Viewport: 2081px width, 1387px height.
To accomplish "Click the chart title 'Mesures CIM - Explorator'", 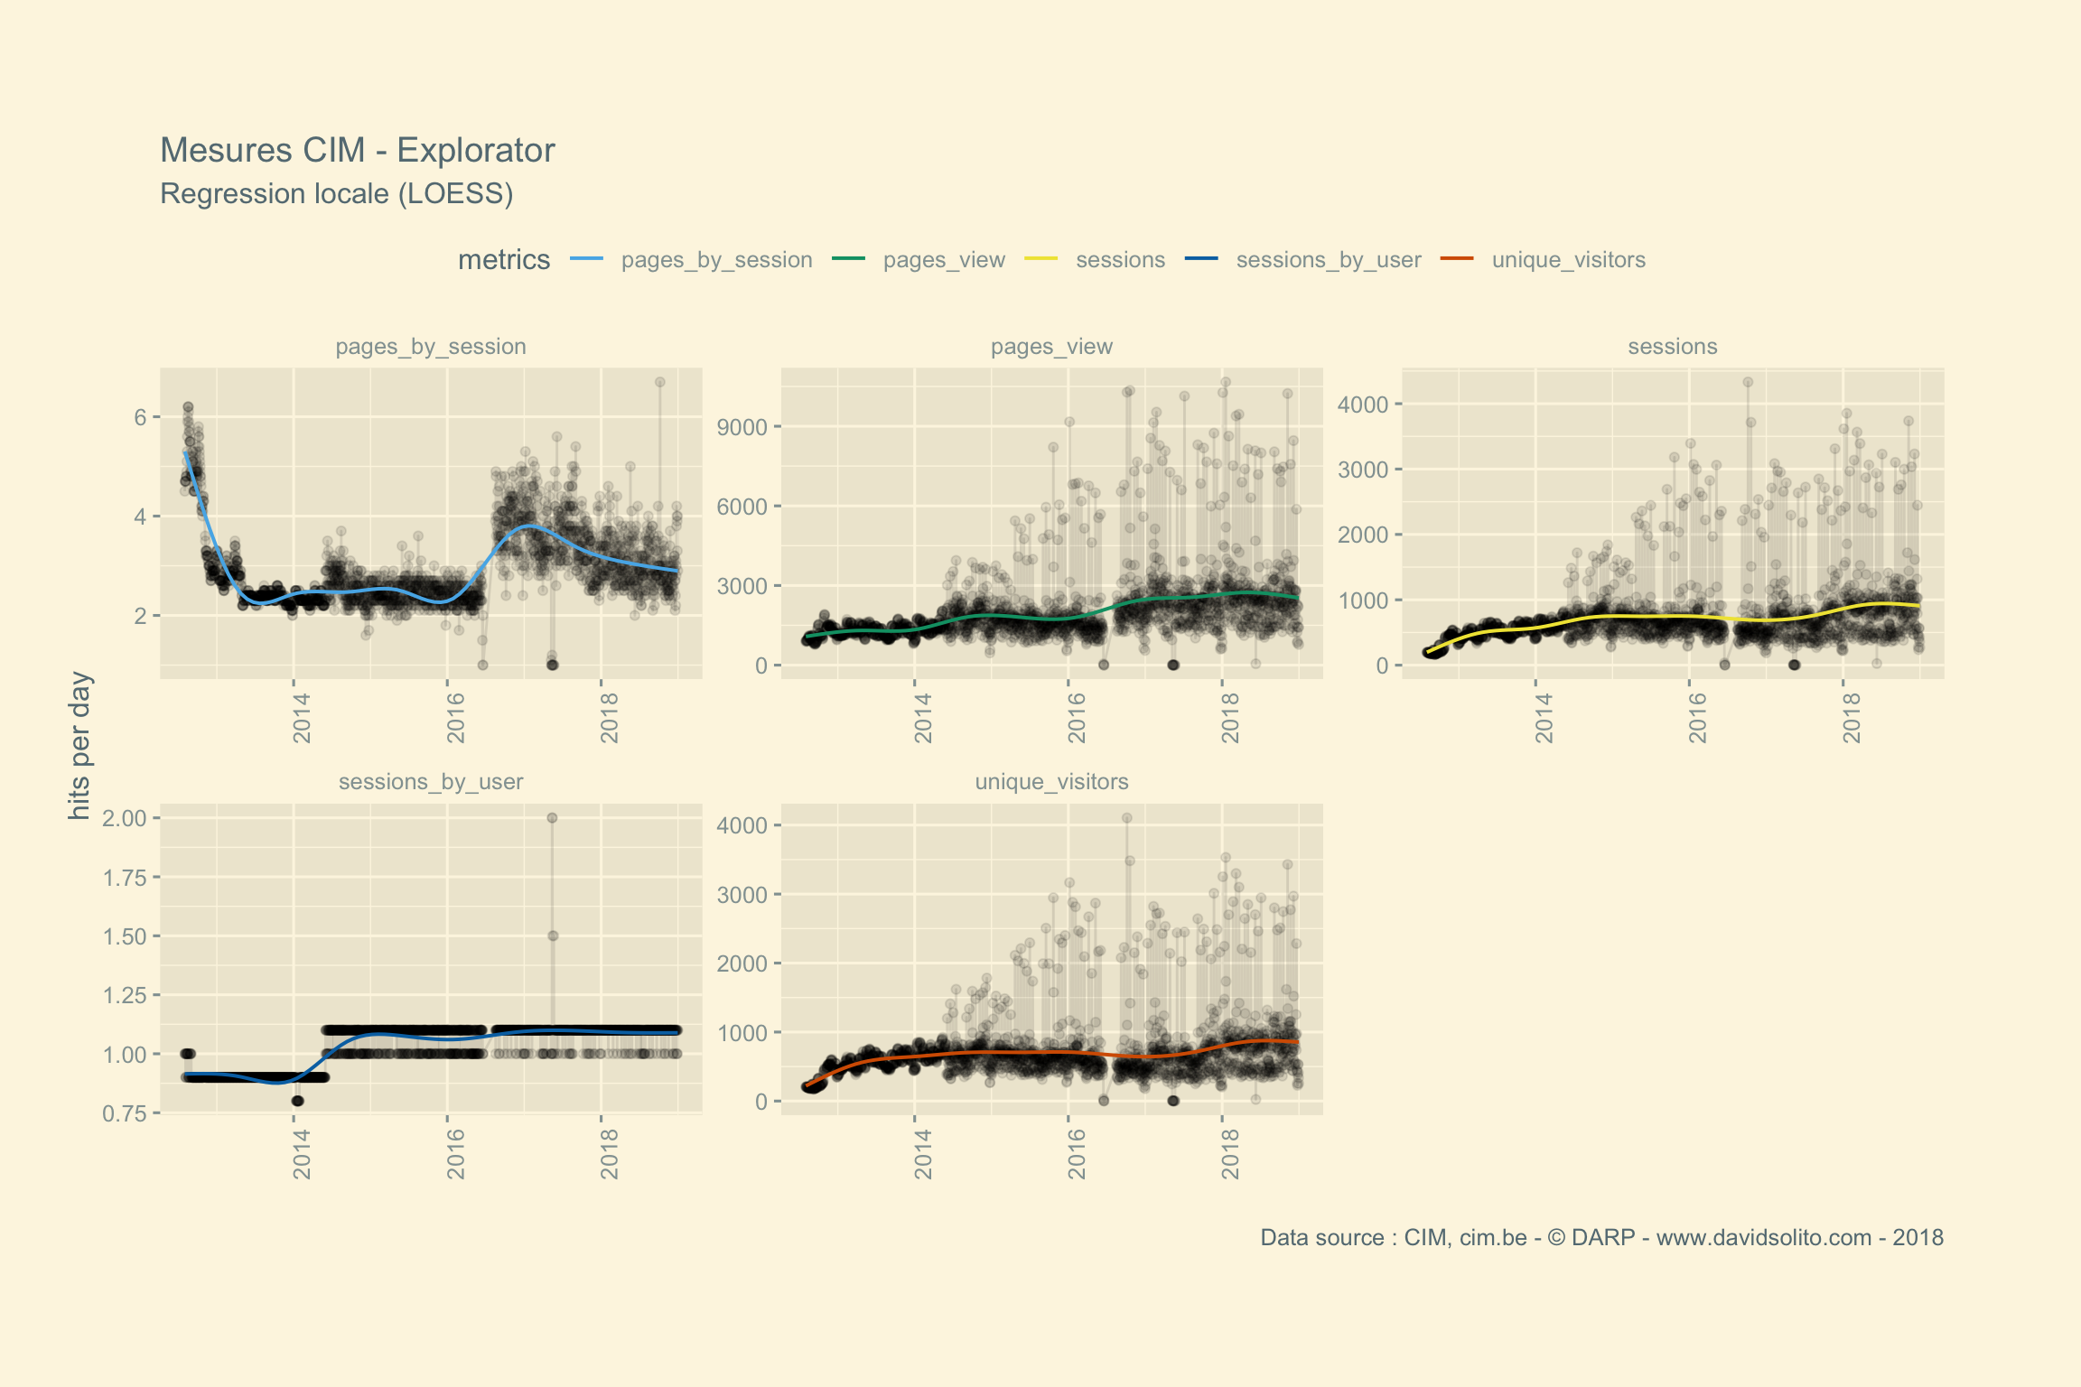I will click(x=357, y=151).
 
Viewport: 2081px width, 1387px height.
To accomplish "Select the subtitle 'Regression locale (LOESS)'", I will click(x=336, y=194).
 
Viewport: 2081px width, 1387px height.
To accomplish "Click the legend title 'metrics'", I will click(x=503, y=260).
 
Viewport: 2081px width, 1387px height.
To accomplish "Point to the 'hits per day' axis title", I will click(x=79, y=746).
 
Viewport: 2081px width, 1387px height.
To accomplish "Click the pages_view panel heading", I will click(x=1051, y=347).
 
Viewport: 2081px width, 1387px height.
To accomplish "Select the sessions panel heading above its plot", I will click(x=1672, y=347).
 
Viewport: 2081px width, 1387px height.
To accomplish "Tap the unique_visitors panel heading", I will click(x=1051, y=782).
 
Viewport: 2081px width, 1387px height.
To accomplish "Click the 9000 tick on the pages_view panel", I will click(x=742, y=427).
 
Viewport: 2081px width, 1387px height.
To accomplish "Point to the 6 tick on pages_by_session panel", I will click(x=140, y=417).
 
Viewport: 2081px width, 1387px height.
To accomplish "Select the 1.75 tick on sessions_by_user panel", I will click(x=124, y=878).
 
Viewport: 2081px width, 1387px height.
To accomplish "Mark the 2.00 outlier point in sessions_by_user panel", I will click(x=552, y=818).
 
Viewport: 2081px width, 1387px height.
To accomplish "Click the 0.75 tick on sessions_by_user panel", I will click(x=124, y=1113).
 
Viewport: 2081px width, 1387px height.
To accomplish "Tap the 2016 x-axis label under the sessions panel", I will click(x=1698, y=718).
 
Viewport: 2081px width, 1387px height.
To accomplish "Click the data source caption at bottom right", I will click(x=1601, y=1238).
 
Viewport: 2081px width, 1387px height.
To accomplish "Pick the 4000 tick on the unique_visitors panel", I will click(x=742, y=825).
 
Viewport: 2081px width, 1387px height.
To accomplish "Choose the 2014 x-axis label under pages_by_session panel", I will click(x=302, y=718).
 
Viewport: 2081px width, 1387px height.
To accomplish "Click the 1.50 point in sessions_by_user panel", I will click(x=553, y=936).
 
